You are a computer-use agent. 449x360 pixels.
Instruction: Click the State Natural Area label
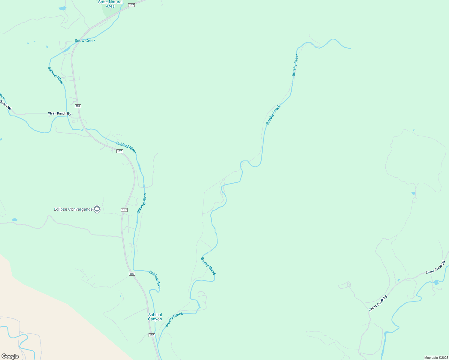click(x=110, y=4)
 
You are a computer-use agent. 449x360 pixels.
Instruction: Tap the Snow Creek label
click(x=85, y=40)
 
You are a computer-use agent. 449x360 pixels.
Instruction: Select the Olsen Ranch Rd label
click(x=59, y=113)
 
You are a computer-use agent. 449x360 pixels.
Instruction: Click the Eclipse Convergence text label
click(x=73, y=209)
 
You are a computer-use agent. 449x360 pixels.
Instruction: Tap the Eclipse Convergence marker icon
click(x=97, y=208)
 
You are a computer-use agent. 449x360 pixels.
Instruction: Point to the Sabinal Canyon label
click(x=155, y=317)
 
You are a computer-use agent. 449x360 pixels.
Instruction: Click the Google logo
click(x=10, y=356)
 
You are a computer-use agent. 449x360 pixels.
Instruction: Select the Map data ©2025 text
click(x=436, y=358)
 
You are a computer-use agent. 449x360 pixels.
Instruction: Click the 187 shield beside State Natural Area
click(x=131, y=5)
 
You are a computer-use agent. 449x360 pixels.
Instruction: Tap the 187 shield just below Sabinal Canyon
click(x=152, y=335)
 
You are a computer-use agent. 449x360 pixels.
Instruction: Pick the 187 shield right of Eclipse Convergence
click(x=125, y=210)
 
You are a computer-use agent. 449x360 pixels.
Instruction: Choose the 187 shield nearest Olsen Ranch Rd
click(x=78, y=106)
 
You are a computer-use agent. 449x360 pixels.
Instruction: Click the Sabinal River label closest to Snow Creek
click(x=56, y=75)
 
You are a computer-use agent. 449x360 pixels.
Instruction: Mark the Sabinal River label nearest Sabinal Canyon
click(x=155, y=280)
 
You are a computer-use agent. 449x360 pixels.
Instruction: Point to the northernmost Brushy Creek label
click(x=295, y=65)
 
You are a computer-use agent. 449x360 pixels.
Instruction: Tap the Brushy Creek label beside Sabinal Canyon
click(x=174, y=320)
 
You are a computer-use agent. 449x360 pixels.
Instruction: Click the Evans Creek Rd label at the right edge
click(x=435, y=267)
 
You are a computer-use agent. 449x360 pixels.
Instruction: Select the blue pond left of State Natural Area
click(x=62, y=8)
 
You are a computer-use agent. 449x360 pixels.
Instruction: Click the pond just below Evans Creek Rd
click(x=436, y=282)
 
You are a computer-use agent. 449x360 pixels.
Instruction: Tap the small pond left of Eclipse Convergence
click(x=14, y=220)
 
